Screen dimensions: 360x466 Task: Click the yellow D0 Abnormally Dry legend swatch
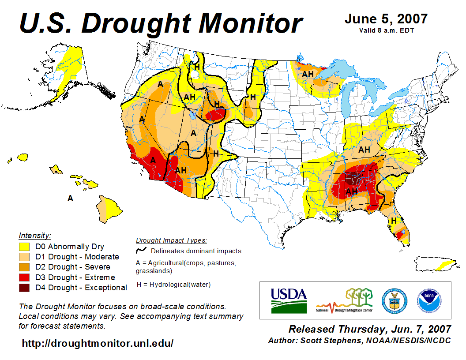[x=24, y=247]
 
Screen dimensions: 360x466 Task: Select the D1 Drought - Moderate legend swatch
[x=24, y=257]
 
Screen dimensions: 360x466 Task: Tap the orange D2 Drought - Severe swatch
[x=24, y=267]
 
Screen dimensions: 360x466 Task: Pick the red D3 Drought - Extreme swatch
[x=24, y=277]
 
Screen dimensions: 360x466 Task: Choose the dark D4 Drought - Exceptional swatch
[x=24, y=288]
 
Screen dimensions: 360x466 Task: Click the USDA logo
[x=289, y=300]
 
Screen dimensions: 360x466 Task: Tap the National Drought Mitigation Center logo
[x=345, y=300]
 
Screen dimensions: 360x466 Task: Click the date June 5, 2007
[x=386, y=19]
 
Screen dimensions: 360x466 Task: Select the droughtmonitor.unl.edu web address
[x=98, y=343]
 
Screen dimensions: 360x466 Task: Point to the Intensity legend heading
[x=35, y=235]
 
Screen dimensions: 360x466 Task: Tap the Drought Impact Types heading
[x=171, y=240]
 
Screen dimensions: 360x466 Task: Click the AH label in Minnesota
[x=308, y=74]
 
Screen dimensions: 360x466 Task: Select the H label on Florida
[x=393, y=220]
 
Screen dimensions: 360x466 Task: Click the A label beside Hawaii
[x=70, y=199]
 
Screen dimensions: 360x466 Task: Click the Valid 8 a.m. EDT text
[x=386, y=30]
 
